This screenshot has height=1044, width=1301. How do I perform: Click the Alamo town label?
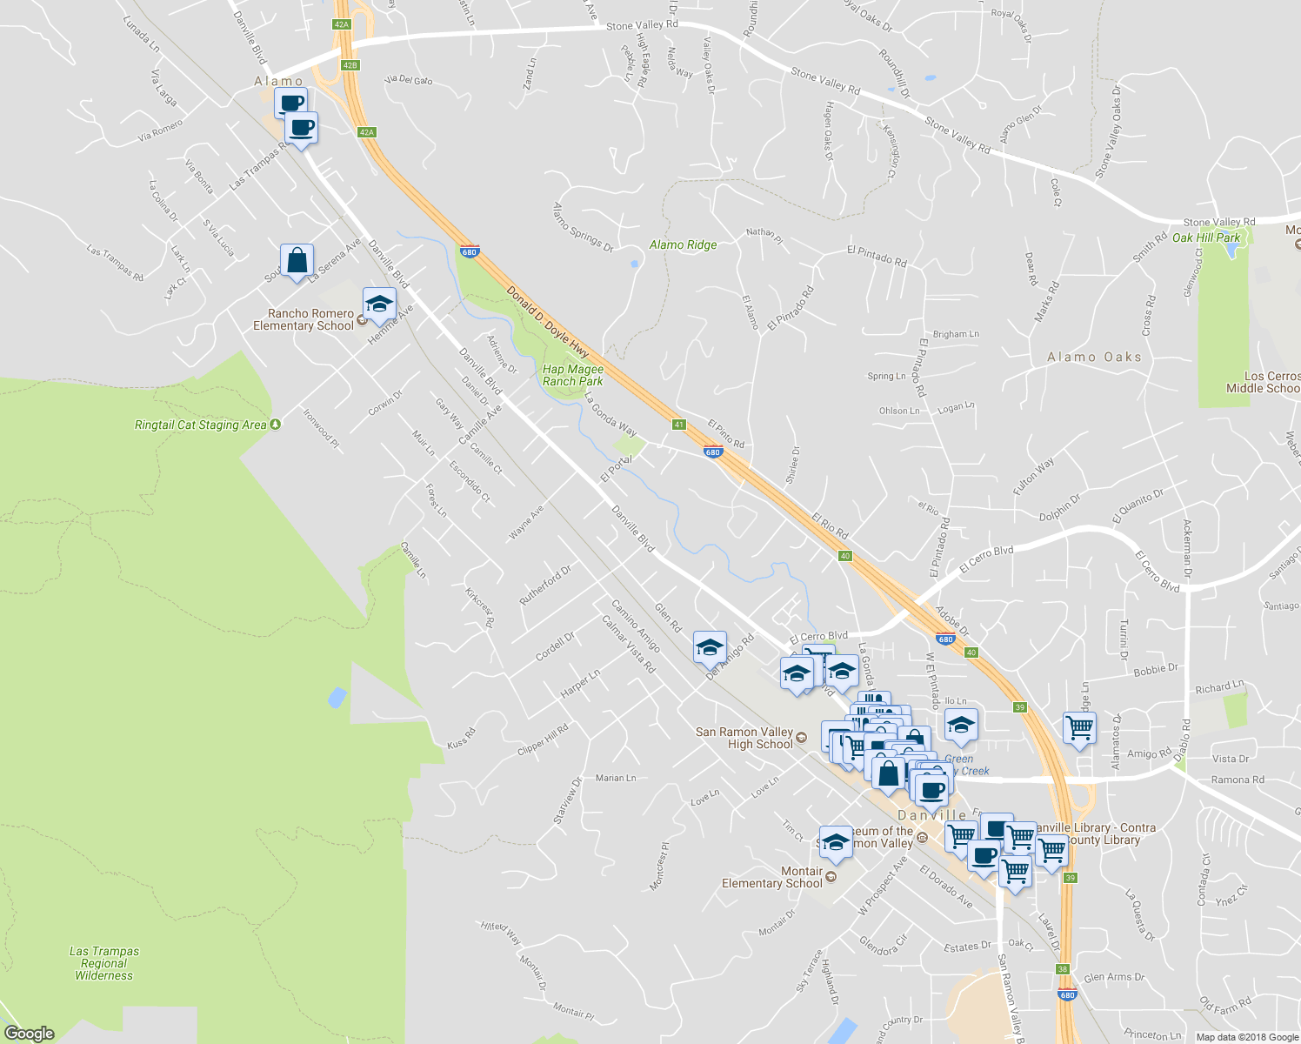[278, 82]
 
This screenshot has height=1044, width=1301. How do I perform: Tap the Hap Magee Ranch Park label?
[572, 375]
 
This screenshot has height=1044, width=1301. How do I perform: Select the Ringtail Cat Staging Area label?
[200, 425]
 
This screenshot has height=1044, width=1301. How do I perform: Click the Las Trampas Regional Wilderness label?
[104, 963]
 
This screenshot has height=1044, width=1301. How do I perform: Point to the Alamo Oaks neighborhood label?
[1094, 357]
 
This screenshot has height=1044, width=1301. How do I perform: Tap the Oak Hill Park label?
[1206, 238]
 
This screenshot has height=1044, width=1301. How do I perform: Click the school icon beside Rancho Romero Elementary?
[379, 304]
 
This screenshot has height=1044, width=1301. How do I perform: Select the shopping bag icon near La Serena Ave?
[297, 260]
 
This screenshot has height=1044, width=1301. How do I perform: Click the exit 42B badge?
[350, 65]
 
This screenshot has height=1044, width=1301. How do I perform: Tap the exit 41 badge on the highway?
[679, 425]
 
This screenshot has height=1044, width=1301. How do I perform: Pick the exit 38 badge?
[1063, 968]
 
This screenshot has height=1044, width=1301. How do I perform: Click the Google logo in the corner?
[30, 1034]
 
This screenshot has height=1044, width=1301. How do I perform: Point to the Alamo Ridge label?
[683, 245]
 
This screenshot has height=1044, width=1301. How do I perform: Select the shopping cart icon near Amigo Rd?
[1079, 727]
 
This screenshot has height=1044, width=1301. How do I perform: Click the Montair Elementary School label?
[772, 877]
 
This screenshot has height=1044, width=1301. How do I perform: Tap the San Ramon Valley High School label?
[744, 738]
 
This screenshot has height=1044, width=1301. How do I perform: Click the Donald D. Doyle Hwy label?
[548, 323]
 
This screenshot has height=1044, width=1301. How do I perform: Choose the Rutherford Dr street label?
[545, 586]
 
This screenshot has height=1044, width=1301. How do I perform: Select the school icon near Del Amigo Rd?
[710, 648]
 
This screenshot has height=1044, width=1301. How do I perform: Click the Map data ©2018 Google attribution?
[1247, 1037]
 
